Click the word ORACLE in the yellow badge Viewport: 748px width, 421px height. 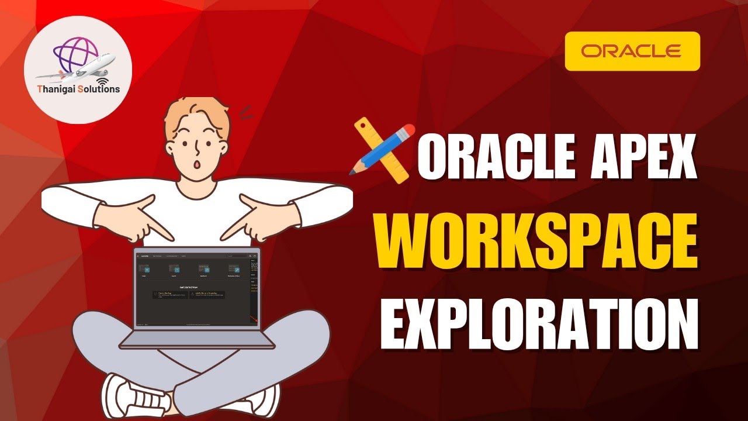[632, 51]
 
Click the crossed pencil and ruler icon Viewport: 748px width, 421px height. [380, 150]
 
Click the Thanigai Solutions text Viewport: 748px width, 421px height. [78, 89]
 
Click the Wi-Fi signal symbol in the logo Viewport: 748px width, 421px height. [103, 79]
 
